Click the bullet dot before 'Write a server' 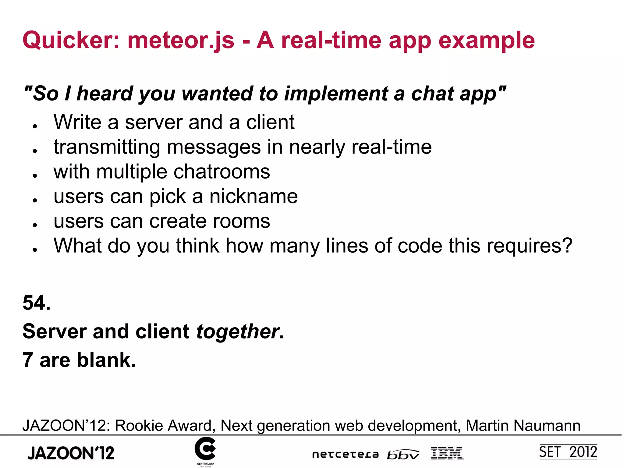point(35,126)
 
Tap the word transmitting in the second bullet point(107,147)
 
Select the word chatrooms point(222,172)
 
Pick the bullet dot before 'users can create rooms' point(35,225)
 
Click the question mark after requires point(567,246)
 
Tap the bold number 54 point(36,303)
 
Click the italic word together point(238,331)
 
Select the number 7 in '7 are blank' point(28,360)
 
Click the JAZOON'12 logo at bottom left point(71,453)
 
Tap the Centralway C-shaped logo point(205,449)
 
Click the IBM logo point(447,453)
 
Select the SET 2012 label point(568,452)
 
